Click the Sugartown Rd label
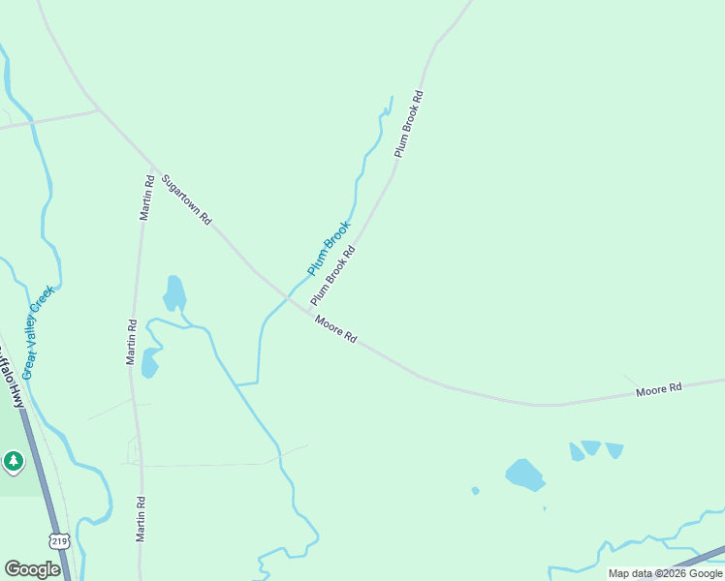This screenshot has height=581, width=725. [x=186, y=199]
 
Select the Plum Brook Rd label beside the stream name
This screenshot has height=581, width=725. [x=333, y=276]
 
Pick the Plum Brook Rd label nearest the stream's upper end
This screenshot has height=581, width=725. [x=409, y=125]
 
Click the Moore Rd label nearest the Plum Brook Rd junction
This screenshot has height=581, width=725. [x=335, y=330]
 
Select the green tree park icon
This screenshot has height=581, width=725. [x=13, y=462]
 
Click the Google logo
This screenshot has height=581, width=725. [x=32, y=569]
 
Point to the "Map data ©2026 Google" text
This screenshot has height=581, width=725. [x=665, y=573]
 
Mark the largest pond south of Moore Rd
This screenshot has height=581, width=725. [x=524, y=474]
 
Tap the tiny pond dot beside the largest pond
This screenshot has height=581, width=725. [x=475, y=491]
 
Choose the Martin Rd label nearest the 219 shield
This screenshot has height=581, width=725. [x=141, y=518]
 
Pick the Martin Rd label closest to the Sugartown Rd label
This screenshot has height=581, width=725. [x=146, y=197]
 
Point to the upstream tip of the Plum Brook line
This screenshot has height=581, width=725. [x=392, y=97]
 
